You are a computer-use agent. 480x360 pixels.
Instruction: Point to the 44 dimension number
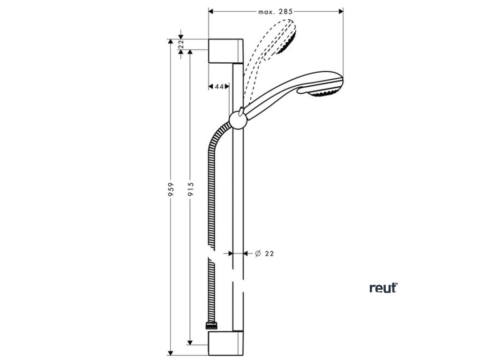pyautogui.click(x=218, y=86)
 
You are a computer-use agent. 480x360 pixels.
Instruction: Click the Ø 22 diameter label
pyautogui.click(x=264, y=253)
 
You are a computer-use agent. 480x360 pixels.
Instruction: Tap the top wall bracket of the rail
pyautogui.click(x=225, y=51)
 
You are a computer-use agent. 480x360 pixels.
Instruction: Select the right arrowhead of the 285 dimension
pyautogui.click(x=341, y=10)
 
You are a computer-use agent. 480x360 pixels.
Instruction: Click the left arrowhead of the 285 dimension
pyautogui.click(x=210, y=10)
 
